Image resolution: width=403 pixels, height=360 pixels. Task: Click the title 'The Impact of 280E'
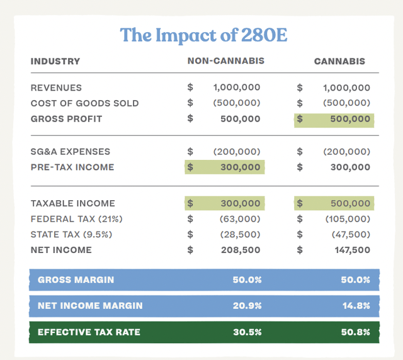pos(203,35)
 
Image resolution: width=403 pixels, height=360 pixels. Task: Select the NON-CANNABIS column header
pos(225,62)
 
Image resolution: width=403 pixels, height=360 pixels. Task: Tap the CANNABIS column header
pos(339,62)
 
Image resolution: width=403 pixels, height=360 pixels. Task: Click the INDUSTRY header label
pos(55,62)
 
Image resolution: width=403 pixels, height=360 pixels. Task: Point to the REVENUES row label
pos(56,87)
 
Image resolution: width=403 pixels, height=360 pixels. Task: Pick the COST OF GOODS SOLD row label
pos(85,103)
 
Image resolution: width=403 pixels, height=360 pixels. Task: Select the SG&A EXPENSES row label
pos(71,152)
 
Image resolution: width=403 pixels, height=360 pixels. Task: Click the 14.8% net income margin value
pos(356,306)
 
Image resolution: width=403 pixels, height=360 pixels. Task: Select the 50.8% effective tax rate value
pos(356,332)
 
